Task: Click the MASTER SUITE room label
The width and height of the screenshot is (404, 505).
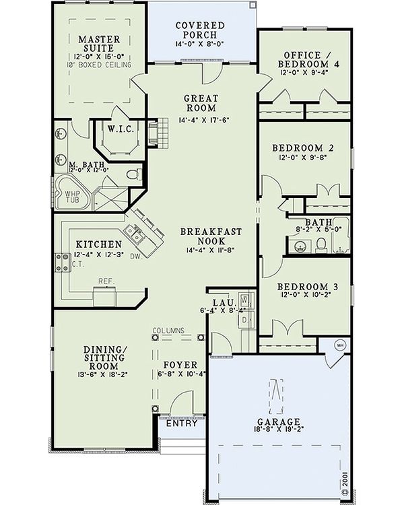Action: click(x=99, y=44)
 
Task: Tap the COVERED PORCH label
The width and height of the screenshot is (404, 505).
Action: click(x=200, y=30)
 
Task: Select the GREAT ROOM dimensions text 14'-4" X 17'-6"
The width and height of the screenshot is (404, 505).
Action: click(x=203, y=120)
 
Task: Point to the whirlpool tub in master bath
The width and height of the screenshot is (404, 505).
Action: click(x=72, y=193)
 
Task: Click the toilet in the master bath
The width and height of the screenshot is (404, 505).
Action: click(x=133, y=174)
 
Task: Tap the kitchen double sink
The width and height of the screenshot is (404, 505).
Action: click(x=135, y=234)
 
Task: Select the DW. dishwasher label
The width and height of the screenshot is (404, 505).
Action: click(x=137, y=257)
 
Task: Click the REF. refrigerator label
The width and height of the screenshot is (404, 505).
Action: click(x=106, y=281)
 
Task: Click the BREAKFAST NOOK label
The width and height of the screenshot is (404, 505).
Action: click(x=211, y=236)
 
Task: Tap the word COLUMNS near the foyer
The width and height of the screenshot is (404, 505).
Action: click(x=168, y=331)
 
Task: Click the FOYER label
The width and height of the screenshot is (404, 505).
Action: click(x=180, y=365)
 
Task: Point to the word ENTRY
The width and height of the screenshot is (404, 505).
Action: click(x=181, y=424)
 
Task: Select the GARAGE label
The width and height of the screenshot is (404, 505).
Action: click(x=279, y=422)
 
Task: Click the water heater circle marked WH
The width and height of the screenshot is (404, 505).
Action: click(x=340, y=345)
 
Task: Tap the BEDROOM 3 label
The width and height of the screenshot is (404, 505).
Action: click(x=308, y=286)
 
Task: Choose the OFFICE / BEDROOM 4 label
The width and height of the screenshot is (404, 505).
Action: click(x=308, y=59)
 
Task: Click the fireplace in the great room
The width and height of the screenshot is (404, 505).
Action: click(x=158, y=133)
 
